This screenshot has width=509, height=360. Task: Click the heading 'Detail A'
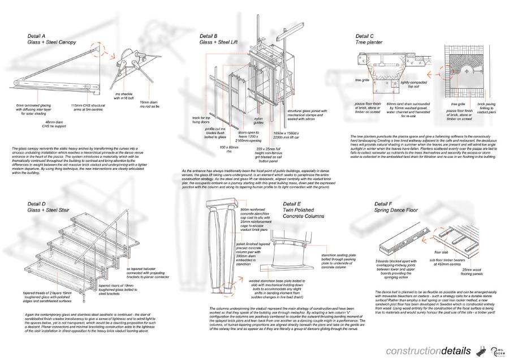pyautogui.click(x=36, y=36)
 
